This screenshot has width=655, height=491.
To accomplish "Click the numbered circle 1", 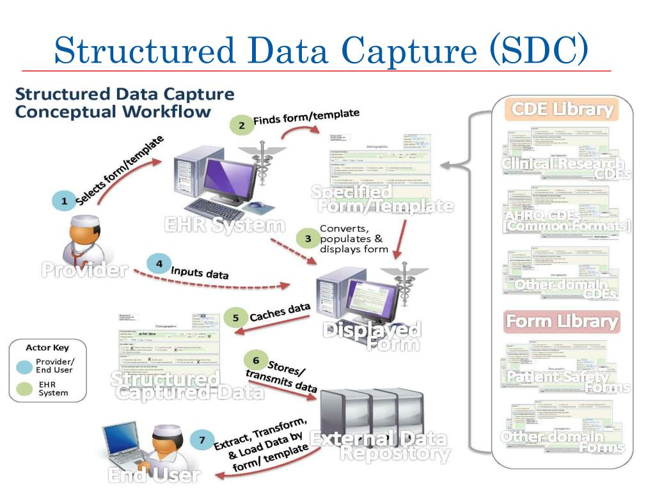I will (x=64, y=201).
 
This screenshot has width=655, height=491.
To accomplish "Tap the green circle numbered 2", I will (x=241, y=126).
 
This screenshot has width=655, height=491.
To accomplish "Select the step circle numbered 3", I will (x=307, y=238).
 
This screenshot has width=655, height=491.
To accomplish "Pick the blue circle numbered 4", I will (x=159, y=263).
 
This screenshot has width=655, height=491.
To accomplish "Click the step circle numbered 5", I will (x=235, y=318).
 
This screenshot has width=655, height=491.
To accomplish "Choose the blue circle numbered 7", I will (x=202, y=440).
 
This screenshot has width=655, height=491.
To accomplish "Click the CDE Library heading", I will (x=561, y=109).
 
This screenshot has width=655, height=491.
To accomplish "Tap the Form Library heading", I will (x=562, y=322).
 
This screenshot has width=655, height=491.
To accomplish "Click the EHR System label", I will (x=224, y=225).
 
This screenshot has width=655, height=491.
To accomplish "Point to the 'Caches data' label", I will (x=280, y=313).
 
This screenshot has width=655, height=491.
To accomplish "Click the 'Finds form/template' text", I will (x=306, y=118).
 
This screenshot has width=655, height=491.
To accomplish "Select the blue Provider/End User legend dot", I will (x=25, y=366).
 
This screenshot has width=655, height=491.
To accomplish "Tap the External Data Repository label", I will (x=379, y=446).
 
